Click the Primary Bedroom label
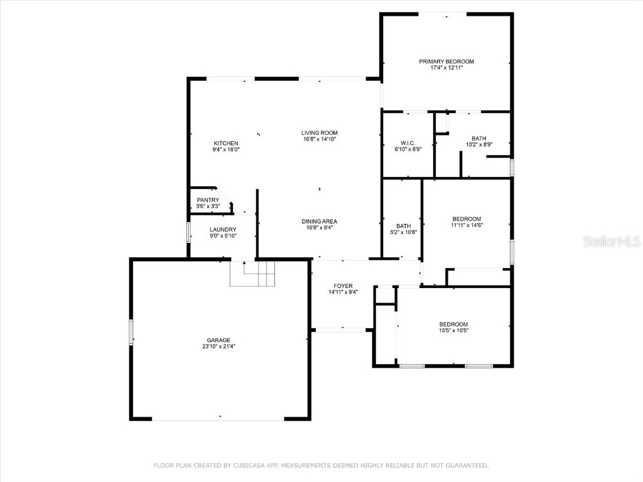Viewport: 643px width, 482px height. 446,62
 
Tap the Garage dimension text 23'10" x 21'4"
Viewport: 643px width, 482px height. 219,346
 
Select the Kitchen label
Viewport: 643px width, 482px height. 226,143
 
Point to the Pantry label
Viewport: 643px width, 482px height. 208,200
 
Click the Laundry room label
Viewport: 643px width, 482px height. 223,230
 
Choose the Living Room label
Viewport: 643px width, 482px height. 320,132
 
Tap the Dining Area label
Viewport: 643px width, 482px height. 320,221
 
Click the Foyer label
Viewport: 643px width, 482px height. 343,286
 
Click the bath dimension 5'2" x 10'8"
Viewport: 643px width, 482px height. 403,232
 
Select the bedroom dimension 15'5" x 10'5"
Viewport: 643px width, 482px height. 453,331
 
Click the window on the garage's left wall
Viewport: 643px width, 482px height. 131,332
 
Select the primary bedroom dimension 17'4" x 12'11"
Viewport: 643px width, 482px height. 446,68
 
